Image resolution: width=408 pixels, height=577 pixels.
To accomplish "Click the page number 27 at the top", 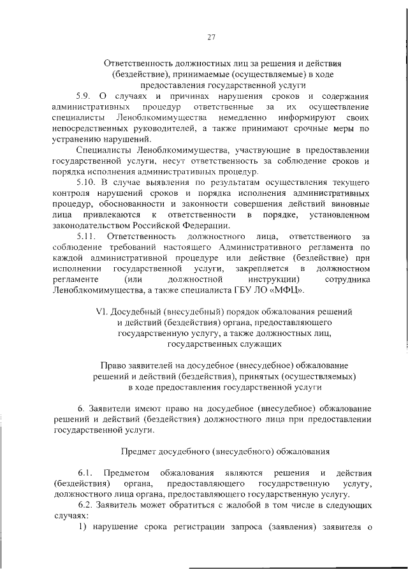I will [211, 36].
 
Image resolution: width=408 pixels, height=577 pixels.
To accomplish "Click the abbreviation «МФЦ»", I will [291, 291].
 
